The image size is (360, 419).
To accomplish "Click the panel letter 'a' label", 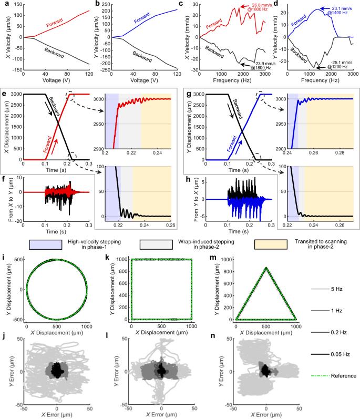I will point(3,3).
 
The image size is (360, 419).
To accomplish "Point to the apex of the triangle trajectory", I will point(266,268).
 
